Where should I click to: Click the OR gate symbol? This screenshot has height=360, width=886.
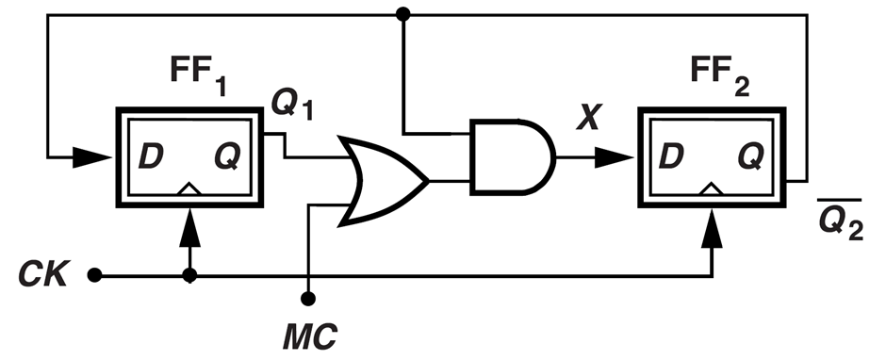point(386,181)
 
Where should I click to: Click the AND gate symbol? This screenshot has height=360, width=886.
point(512,157)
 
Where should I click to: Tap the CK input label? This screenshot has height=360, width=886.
point(43,275)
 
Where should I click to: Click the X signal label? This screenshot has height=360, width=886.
point(588,117)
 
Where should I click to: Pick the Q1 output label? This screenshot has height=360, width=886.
point(291,105)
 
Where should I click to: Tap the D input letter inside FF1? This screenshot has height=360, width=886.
point(151,156)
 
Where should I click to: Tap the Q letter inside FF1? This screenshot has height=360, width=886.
point(228,157)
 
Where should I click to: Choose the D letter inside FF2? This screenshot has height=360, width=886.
point(672,156)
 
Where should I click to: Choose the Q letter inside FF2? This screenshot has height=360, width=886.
point(750,157)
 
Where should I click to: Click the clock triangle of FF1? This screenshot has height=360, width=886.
point(189,189)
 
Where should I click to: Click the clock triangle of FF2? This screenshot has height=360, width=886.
point(712,189)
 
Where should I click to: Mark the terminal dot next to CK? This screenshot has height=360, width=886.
point(95,276)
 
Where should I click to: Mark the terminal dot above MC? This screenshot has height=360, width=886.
point(308,299)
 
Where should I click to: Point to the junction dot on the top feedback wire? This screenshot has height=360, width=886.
point(402,14)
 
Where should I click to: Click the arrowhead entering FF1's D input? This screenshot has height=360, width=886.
point(92,157)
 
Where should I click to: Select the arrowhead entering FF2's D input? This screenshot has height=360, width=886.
point(614,157)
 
